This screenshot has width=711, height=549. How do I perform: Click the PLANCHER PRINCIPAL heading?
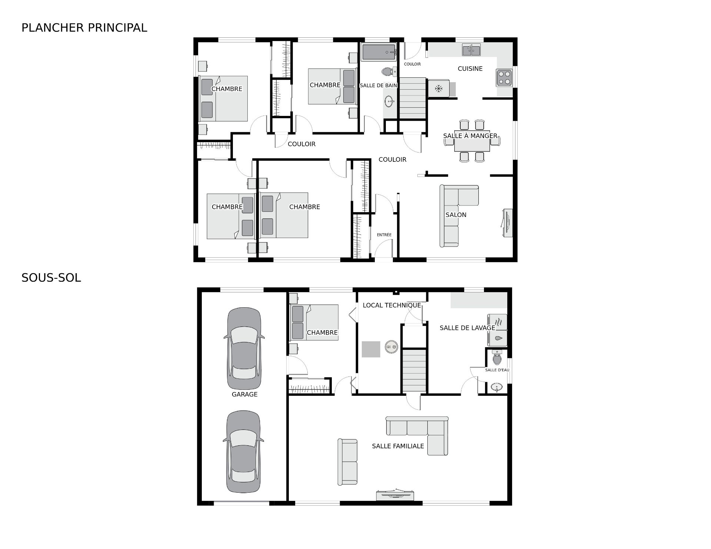click(x=84, y=28)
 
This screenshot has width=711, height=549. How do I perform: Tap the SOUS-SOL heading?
click(x=51, y=278)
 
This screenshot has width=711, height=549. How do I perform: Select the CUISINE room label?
click(x=470, y=68)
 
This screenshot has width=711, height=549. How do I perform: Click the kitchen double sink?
click(x=471, y=50)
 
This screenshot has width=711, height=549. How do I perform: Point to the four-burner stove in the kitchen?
click(x=504, y=78)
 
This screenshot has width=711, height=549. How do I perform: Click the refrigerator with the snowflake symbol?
click(x=439, y=88)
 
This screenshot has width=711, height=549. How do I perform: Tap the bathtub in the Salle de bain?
click(x=378, y=53)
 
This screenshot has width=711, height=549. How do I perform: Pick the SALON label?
click(x=456, y=215)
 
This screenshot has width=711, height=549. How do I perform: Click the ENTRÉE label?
click(x=384, y=235)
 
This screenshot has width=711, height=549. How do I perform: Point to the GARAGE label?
click(x=244, y=394)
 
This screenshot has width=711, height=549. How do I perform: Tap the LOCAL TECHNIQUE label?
click(x=392, y=305)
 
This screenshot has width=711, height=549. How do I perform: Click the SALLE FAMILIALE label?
click(x=398, y=446)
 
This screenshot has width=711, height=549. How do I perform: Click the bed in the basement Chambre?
click(x=315, y=322)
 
